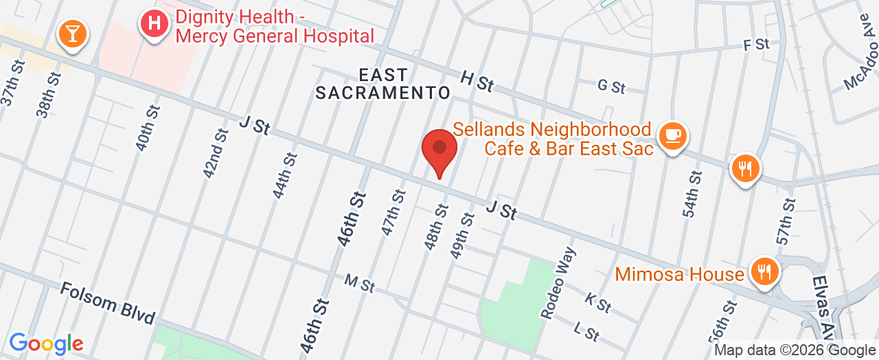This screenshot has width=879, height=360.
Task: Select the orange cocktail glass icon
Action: pyautogui.click(x=71, y=33)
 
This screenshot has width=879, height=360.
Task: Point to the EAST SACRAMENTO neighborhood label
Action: pyautogui.click(x=383, y=83)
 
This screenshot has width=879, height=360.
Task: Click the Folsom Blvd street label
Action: pyautogui.click(x=107, y=303)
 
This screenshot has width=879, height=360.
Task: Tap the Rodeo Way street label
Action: pyautogui.click(x=557, y=288)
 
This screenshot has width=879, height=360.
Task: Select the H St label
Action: pyautogui.click(x=477, y=82)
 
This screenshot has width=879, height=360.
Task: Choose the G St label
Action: pyautogui.click(x=611, y=87)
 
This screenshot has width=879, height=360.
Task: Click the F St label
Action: pyautogui.click(x=756, y=45)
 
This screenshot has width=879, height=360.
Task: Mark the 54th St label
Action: pyautogui.click(x=694, y=194)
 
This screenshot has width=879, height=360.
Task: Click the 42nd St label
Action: pyautogui.click(x=216, y=153)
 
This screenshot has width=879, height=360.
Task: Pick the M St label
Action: pyautogui.click(x=359, y=282)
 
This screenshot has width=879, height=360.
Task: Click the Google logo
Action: pyautogui.click(x=46, y=344)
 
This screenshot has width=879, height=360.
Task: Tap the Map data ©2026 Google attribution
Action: pyautogui.click(x=795, y=350)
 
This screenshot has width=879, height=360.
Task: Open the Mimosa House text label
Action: pyautogui.click(x=679, y=275)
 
